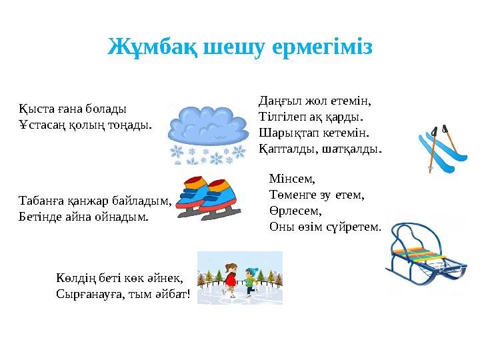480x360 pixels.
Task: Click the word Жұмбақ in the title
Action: point(142,47)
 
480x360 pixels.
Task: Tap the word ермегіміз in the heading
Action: point(322,47)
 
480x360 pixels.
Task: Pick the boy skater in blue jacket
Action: point(251,279)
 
